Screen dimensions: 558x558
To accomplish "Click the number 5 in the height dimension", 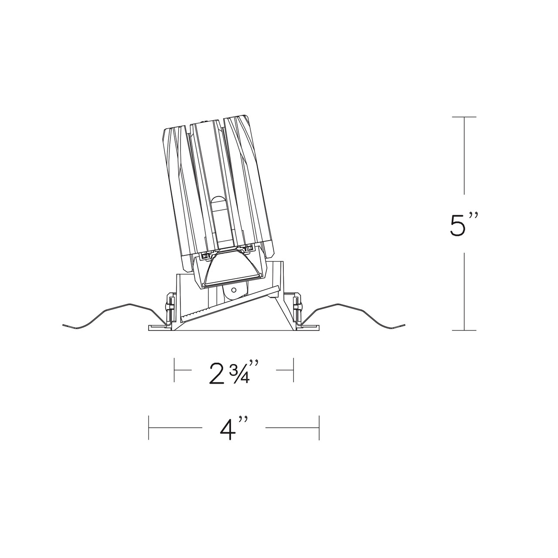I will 459,225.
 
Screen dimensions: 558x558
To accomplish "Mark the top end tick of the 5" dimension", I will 464,117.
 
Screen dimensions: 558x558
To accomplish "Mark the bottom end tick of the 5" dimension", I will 464,330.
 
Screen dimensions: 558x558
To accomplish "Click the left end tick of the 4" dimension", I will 149,427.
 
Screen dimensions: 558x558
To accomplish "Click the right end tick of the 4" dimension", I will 320,427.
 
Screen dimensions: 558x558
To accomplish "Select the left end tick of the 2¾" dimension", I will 175,370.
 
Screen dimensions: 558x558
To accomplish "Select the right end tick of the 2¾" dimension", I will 294,370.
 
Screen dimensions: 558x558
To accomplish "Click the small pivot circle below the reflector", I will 234,289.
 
